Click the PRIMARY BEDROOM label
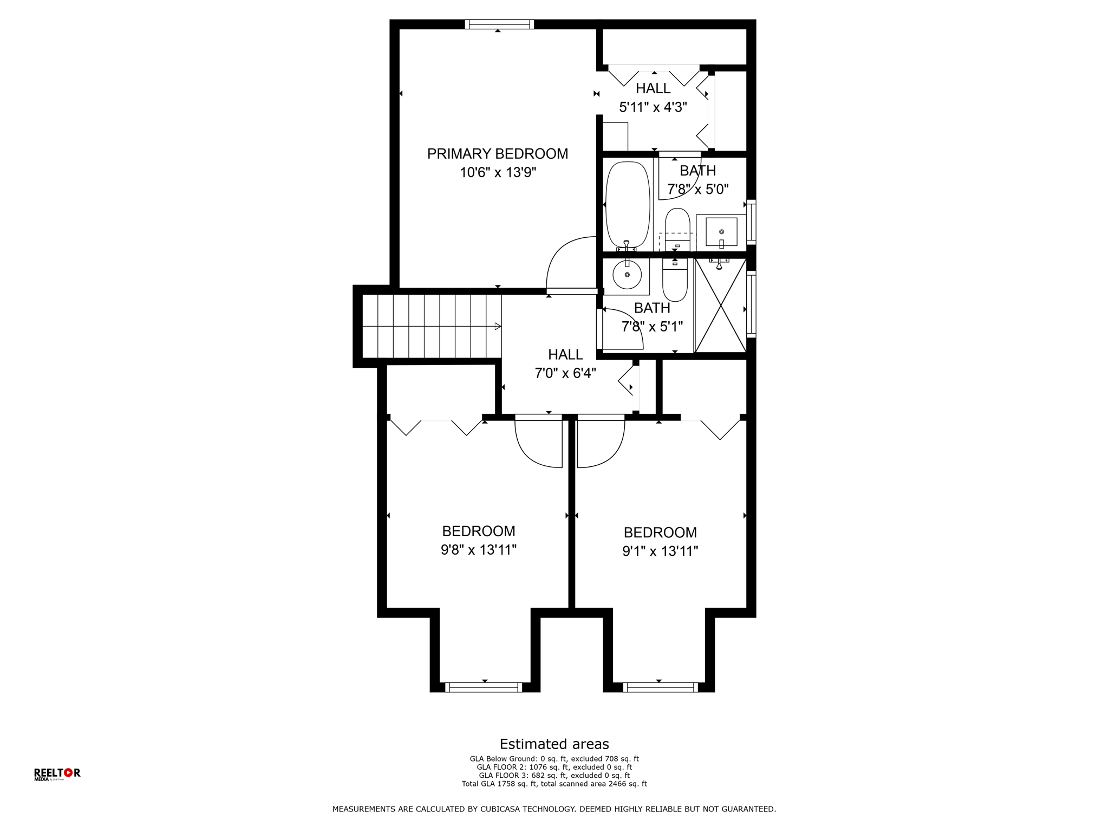click(498, 154)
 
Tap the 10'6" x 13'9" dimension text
click(498, 173)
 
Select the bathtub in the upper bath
click(627, 206)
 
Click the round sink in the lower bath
click(627, 274)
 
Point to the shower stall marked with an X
click(720, 305)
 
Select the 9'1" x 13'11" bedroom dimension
click(660, 551)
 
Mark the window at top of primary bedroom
click(499, 24)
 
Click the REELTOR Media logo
click(57, 774)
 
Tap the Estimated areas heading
click(554, 744)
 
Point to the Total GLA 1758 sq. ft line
click(554, 784)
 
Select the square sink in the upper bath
click(721, 232)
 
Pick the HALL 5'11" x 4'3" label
click(653, 97)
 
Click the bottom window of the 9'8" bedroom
click(484, 687)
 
